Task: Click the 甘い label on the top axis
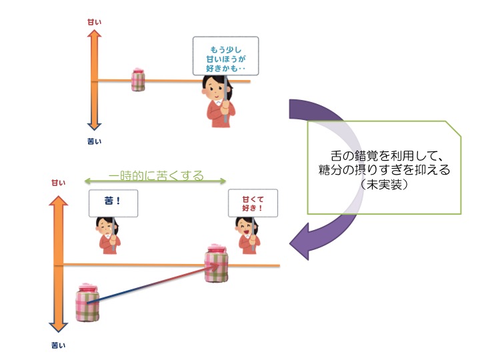pos(94,22)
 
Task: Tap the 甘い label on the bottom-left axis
pos(59,181)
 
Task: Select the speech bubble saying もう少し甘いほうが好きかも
pos(225,55)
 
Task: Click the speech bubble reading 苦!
pos(113,202)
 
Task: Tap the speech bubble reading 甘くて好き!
pos(252,203)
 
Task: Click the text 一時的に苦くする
pos(156,177)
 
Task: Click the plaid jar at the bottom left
pos(88,304)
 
